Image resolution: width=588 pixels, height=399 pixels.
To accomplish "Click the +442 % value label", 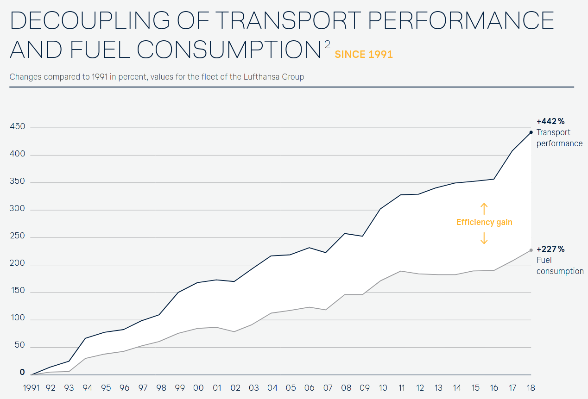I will coord(550,121).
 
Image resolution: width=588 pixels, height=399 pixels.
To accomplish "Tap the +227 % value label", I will coord(550,249).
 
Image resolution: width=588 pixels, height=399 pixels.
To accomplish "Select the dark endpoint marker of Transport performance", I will coord(531,132).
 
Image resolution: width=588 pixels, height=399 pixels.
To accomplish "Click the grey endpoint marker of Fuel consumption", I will coord(531,250).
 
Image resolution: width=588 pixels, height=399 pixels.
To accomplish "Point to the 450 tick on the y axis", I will coord(17,127).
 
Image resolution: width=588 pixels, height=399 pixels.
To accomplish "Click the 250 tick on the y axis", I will coord(17,237).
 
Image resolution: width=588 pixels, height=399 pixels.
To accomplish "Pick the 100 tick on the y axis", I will coord(17,320).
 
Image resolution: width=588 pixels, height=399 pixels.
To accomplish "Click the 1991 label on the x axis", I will coord(32,388).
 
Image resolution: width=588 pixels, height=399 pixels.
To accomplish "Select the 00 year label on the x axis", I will coord(198,388).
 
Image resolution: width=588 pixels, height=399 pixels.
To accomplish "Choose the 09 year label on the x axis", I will coord(365,388).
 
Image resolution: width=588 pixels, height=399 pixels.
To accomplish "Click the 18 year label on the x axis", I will coord(531,388).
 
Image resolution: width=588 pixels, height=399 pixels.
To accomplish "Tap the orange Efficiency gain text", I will coord(484,222).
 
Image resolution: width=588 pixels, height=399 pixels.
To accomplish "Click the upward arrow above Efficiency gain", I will coord(484,208).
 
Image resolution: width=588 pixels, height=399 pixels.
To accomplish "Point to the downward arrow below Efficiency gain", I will coord(484,238).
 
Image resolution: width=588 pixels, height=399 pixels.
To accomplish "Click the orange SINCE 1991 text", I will coord(364,55).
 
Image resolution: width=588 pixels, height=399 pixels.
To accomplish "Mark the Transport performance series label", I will coord(559,138).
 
